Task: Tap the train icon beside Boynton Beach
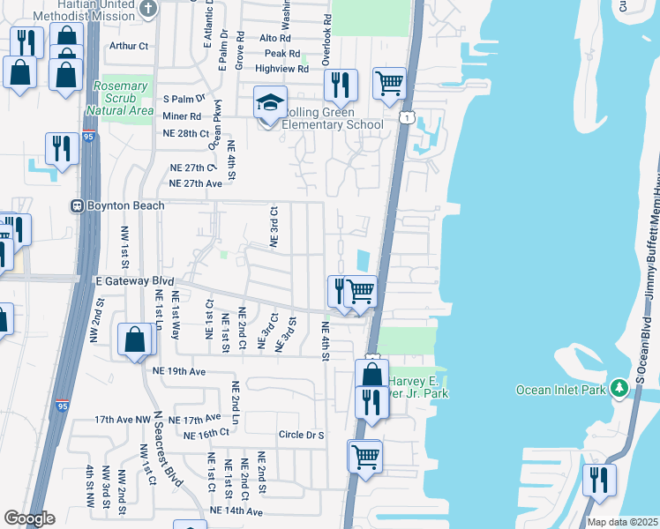point(78,205)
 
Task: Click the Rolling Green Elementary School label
point(332,118)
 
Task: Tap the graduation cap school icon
point(271,102)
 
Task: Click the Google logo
point(29,518)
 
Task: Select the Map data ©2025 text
point(623,522)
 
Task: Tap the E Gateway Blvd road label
point(133,281)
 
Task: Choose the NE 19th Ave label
point(179,372)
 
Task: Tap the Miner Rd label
point(182,115)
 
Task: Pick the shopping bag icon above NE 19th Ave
point(134,341)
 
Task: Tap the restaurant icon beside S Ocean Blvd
point(599,481)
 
